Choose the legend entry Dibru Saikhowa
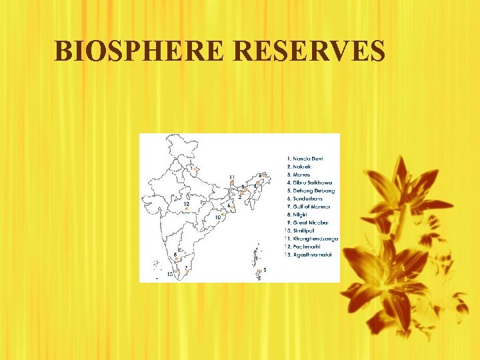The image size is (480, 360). coord(313,182)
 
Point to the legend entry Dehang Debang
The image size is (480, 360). coord(313,190)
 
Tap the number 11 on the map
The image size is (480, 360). coord(231,176)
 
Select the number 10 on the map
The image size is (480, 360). coord(217,217)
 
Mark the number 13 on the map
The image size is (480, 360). coord(171,273)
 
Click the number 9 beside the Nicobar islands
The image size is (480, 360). coord(265,269)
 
